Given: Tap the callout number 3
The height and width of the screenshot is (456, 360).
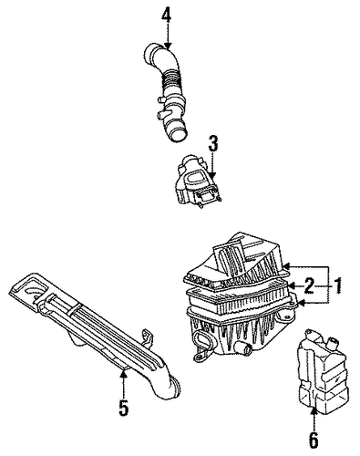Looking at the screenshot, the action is [213, 144].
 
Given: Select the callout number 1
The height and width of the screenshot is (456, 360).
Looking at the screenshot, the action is [337, 285].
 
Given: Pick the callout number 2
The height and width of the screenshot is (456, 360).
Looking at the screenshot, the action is [309, 285].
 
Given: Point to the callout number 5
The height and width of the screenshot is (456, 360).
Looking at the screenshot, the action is [124, 409].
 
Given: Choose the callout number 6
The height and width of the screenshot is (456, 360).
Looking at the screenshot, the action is [314, 439].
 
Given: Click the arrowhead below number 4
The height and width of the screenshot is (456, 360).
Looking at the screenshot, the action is [167, 46].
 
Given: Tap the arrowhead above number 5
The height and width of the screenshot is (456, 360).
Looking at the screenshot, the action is [123, 374].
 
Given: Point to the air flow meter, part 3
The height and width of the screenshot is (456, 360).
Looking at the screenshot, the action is [197, 181].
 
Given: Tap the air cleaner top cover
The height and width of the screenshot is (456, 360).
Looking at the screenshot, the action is [236, 262].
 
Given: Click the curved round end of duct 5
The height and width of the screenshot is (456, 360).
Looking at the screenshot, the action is [174, 387].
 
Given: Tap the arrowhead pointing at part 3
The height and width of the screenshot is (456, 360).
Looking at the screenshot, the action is [212, 175].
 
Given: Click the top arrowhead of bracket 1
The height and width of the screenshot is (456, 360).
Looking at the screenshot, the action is [286, 266].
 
